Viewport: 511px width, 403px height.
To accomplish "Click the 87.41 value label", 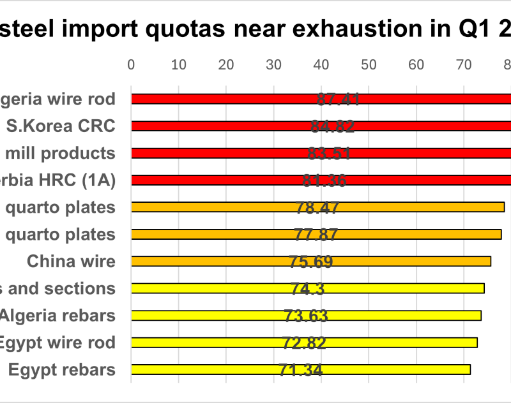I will (x=339, y=99).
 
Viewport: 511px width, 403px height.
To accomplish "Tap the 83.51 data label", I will (x=330, y=153).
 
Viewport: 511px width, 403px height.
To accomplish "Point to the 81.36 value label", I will (x=324, y=180).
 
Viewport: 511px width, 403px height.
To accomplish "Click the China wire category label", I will (x=71, y=261).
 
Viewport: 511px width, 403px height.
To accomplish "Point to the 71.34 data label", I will (x=300, y=370).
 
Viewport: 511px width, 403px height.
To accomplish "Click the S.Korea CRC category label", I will (x=61, y=126).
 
